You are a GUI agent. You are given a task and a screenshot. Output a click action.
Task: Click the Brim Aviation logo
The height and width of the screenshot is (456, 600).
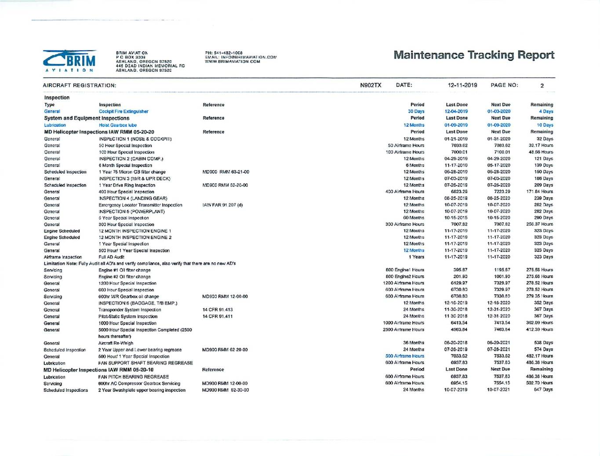pos(69,61)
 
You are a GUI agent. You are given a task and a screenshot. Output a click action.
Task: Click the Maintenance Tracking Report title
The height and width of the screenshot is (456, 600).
pos(474,55)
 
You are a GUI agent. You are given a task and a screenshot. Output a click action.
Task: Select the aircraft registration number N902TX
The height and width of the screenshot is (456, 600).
pos(371,85)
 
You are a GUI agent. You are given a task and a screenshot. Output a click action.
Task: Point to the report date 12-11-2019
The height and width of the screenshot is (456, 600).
pos(462,85)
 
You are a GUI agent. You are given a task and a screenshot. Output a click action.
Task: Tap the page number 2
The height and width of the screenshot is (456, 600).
pos(542,86)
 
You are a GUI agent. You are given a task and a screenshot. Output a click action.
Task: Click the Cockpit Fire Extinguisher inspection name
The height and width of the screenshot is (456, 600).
pos(124,112)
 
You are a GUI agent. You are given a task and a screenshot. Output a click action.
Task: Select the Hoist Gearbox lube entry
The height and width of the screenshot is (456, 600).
pos(118,125)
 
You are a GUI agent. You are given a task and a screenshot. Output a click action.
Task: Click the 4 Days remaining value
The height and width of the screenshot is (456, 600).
pos(546,112)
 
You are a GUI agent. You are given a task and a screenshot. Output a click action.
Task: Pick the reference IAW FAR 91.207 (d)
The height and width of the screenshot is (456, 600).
pos(222,205)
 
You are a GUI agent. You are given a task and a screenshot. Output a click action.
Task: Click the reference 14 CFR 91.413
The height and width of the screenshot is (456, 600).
pos(218,310)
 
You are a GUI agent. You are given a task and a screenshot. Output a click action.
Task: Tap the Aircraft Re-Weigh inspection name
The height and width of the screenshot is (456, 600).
pos(116,343)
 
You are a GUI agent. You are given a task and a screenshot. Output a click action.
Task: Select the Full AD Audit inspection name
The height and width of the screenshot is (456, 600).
pos(112,257)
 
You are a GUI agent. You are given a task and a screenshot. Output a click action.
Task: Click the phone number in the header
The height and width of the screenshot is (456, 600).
pos(224,53)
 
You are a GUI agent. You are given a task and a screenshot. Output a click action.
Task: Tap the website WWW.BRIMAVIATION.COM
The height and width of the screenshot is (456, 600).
pos(233,62)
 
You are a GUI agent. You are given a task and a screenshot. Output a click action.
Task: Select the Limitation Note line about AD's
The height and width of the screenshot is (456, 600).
pos(140,264)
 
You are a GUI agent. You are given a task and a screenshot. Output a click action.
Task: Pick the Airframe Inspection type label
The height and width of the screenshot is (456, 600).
pos(63,257)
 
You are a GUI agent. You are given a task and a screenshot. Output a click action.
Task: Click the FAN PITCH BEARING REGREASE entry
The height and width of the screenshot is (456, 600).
pos(134,377)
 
